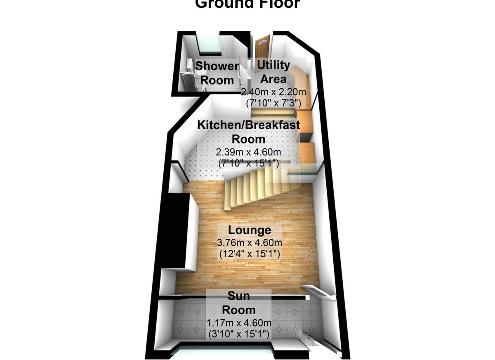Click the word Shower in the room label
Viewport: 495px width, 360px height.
[217, 66]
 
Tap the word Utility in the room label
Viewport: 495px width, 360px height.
[273, 65]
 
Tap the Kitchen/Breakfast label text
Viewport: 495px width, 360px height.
[249, 125]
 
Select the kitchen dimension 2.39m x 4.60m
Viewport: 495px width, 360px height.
[249, 152]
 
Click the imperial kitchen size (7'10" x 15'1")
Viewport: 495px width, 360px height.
[249, 163]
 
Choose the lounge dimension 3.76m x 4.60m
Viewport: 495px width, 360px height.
[250, 242]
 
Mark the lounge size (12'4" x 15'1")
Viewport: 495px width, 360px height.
[250, 254]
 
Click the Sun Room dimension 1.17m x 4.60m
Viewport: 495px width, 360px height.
[238, 323]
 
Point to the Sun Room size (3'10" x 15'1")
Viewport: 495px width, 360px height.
[238, 334]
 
